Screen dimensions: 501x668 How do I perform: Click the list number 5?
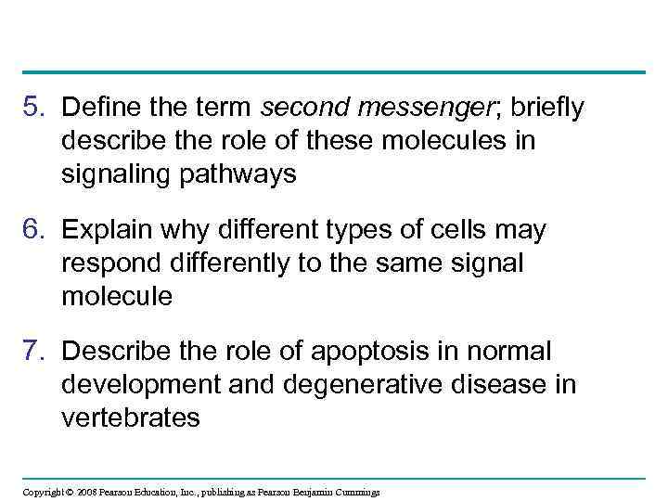pyautogui.click(x=33, y=109)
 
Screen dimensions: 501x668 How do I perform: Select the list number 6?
pyautogui.click(x=33, y=230)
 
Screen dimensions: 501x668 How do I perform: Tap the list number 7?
pyautogui.click(x=33, y=353)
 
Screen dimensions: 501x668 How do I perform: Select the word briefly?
pyautogui.click(x=546, y=109)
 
